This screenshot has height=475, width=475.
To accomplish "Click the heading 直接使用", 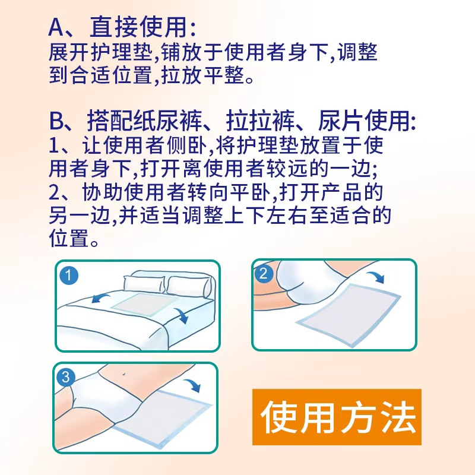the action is [x=138, y=27].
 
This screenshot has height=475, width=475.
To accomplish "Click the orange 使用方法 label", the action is [x=337, y=417].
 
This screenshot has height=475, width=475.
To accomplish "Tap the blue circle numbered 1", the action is [x=69, y=275].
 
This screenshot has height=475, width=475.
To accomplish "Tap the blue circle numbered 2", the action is [x=263, y=274].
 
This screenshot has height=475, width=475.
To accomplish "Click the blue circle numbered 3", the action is [x=66, y=377].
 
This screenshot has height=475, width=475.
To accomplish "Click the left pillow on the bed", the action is [x=144, y=284].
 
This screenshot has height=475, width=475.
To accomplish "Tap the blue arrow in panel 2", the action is [x=376, y=277].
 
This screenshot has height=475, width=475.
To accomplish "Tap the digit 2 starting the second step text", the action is [x=55, y=192].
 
